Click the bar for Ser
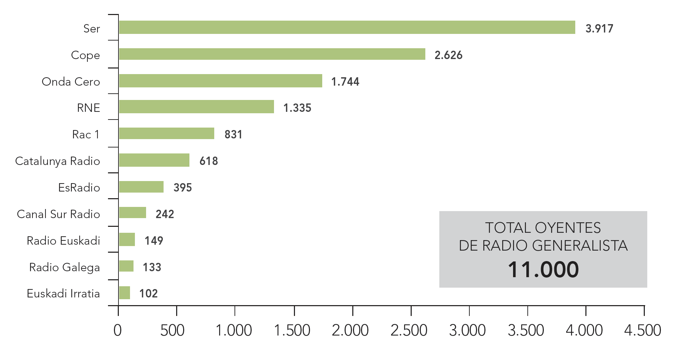[347, 27]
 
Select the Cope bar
[272, 54]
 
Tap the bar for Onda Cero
[220, 81]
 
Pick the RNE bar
[196, 107]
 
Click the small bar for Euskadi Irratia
[124, 293]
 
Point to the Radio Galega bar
[126, 266]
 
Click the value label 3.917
[599, 29]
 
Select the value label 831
[233, 135]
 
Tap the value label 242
[165, 214]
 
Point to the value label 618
[209, 161]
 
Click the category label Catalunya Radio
[58, 161]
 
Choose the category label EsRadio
[79, 188]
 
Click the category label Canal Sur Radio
[58, 214]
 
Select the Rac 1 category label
[86, 135]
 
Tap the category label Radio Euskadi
[63, 241]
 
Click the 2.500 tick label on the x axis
[409, 330]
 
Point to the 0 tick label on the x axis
[117, 330]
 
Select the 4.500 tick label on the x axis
[642, 330]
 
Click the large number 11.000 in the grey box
[543, 269]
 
